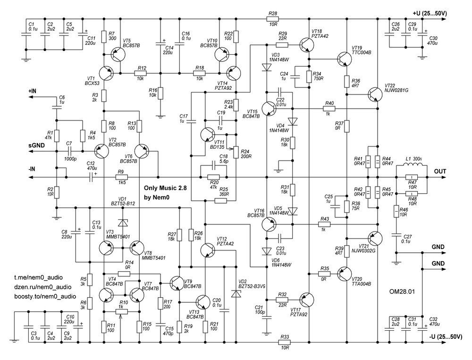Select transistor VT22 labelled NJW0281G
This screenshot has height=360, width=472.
375,94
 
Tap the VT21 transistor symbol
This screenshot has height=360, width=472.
375,239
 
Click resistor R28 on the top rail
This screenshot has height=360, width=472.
273,19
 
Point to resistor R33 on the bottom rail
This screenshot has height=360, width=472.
285,342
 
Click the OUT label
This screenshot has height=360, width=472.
439,171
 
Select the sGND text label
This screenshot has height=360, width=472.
37,145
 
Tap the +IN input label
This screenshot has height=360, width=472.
33,91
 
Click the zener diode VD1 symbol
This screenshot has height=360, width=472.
123,223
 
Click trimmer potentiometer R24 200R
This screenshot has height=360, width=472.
236,152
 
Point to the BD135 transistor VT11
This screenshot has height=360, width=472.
207,134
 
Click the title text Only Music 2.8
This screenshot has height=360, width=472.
165,188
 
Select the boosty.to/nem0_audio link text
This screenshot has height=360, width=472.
45,296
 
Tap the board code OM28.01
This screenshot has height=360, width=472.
402,291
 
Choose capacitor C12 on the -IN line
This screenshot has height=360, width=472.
92,178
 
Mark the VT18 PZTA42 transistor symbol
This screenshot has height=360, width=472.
307,45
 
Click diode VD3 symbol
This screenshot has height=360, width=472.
266,67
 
